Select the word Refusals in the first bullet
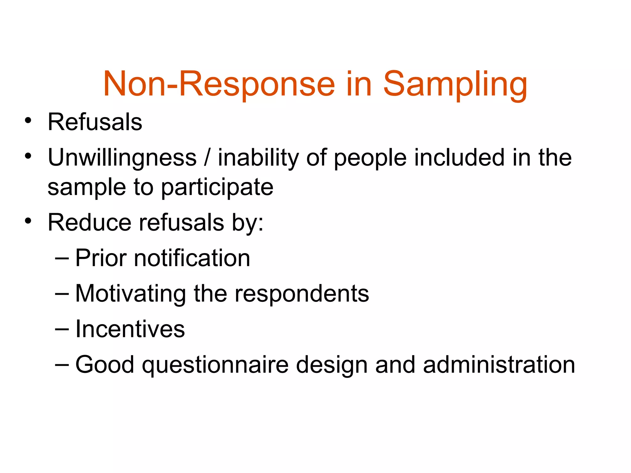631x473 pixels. [x=95, y=122]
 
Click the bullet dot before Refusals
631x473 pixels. [x=28, y=120]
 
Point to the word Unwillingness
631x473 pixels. [x=122, y=158]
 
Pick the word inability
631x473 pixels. [x=258, y=158]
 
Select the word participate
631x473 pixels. [x=217, y=188]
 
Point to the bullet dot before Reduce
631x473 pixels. [x=28, y=221]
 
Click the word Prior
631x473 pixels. [x=101, y=258]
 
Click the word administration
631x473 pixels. [x=499, y=365]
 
